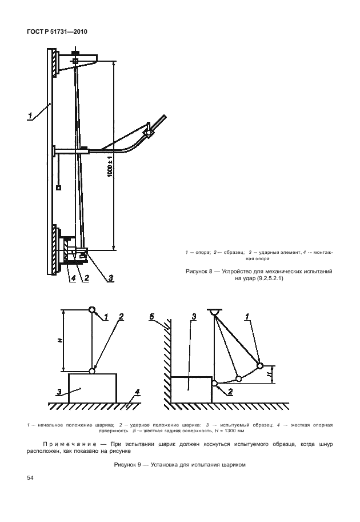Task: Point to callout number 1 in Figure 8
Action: coord(29,116)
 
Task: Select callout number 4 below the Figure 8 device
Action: coord(73,278)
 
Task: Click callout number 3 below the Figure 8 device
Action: coord(111,278)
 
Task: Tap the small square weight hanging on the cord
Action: coord(58,188)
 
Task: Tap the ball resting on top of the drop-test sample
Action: coord(92,371)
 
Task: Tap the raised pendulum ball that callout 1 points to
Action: coord(259,365)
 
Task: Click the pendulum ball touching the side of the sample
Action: coord(214,384)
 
